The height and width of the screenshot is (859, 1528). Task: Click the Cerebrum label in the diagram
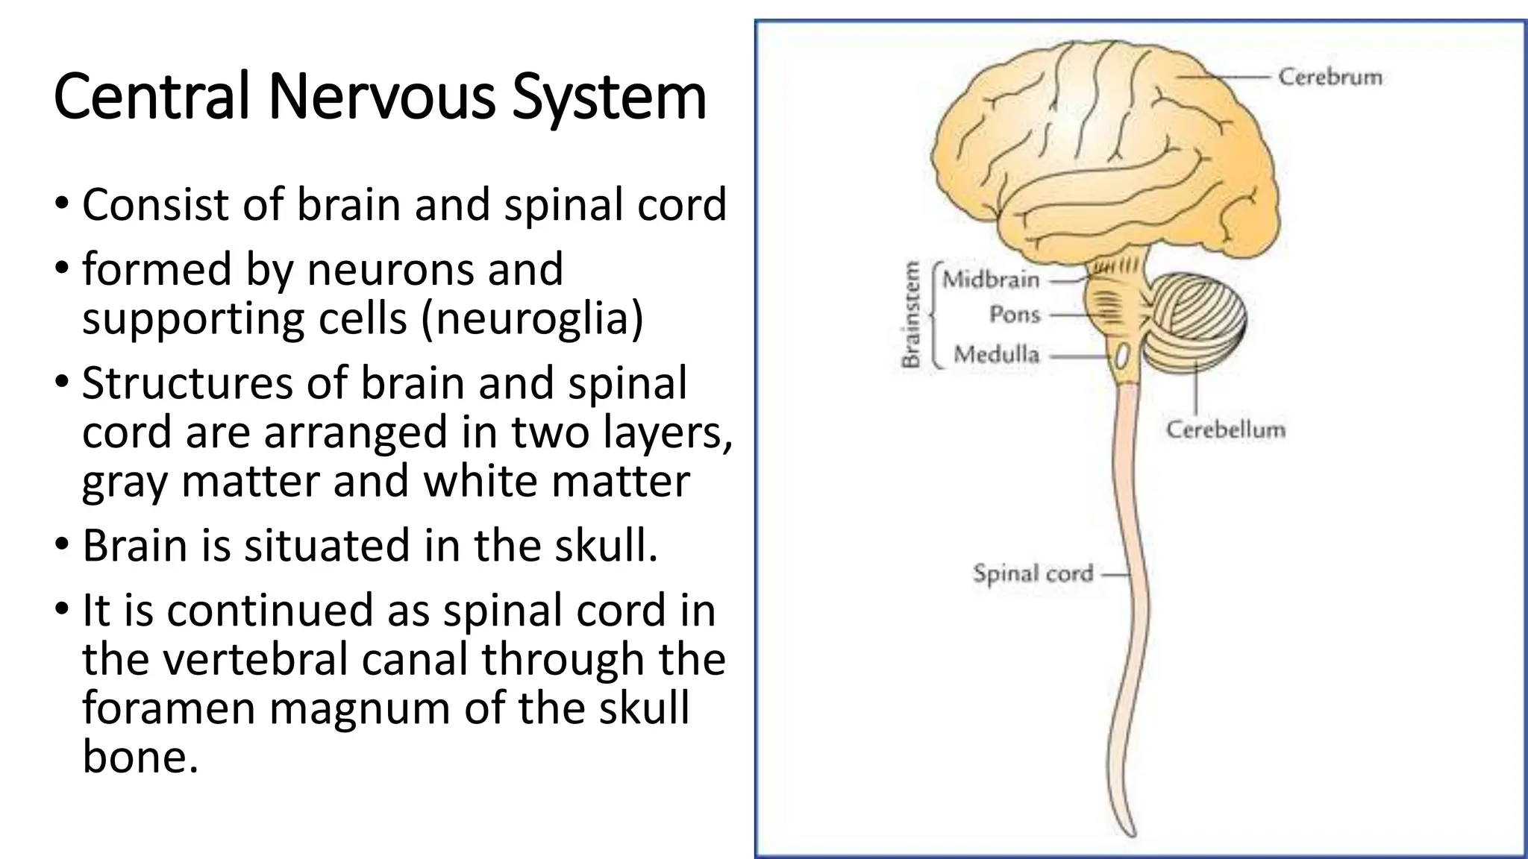pos(1330,77)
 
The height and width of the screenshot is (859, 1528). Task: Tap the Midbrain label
pos(991,280)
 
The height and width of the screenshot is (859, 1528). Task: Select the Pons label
pos(1015,315)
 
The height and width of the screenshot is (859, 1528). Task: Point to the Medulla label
pos(996,354)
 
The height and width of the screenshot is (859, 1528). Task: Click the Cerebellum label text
pos(1225,429)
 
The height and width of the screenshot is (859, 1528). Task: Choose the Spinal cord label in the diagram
pos(1033,573)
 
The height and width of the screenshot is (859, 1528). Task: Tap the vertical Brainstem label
pos(911,314)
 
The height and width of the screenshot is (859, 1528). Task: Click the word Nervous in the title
pos(381,97)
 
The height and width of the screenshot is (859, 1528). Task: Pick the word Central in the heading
pos(151,97)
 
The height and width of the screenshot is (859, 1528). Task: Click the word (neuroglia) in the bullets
pos(532,318)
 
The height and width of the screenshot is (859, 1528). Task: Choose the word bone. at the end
pos(140,757)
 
